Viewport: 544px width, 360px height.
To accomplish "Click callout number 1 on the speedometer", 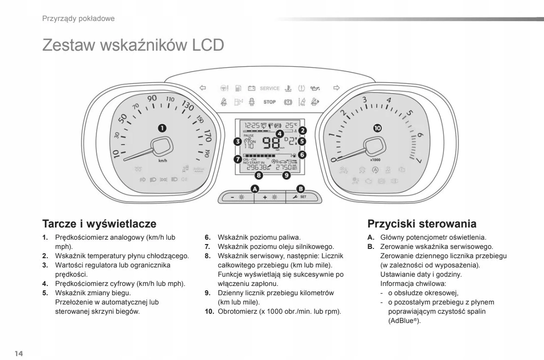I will point(161,128).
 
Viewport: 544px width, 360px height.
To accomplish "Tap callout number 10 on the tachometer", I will point(377,128).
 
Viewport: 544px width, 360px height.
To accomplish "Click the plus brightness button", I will point(270,198).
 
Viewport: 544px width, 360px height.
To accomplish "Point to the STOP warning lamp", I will point(269,102).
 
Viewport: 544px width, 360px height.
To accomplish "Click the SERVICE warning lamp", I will point(269,89).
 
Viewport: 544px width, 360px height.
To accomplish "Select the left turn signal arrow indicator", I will point(203,88).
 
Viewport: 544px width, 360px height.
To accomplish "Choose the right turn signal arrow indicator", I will point(336,88).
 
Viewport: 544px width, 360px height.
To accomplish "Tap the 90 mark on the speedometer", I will point(152,98).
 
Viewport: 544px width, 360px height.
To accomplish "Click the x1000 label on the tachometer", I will point(375,159).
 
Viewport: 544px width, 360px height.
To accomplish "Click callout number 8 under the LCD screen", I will point(259,174).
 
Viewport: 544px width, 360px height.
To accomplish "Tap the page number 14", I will point(19,352).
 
